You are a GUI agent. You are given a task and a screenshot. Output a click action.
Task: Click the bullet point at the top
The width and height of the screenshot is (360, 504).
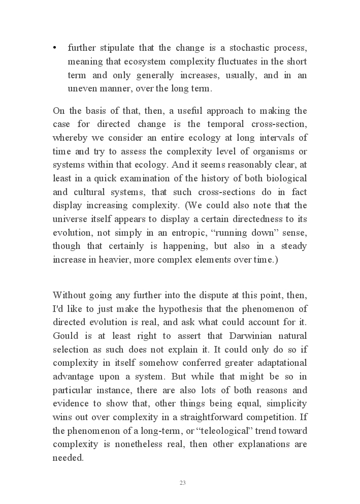[54, 48]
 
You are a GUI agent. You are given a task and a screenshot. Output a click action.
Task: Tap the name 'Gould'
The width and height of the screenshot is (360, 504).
[65, 336]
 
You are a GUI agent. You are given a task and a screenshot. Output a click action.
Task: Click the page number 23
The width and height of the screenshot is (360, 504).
[182, 483]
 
